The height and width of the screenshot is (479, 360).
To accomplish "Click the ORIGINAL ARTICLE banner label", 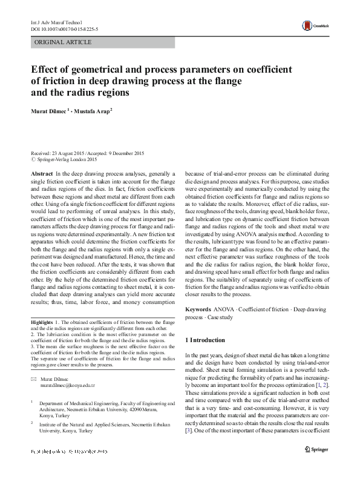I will pos(64,42).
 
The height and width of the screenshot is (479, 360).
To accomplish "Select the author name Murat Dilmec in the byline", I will pos(50,111).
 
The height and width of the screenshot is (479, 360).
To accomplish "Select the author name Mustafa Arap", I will pos(96,111).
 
